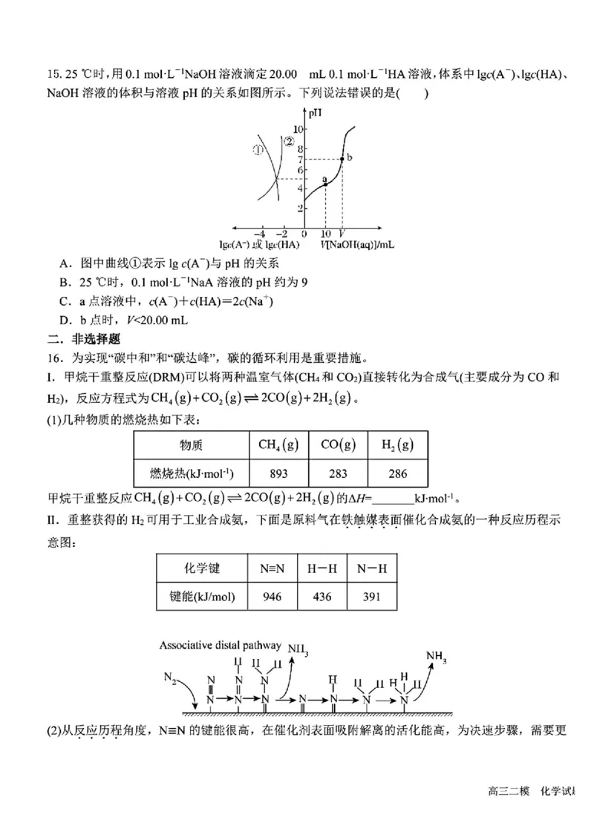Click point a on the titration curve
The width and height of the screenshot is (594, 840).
pyautogui.click(x=326, y=183)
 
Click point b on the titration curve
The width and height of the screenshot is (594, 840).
pyautogui.click(x=342, y=159)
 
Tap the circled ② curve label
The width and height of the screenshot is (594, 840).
pyautogui.click(x=290, y=140)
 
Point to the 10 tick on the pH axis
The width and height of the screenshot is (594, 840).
pyautogui.click(x=301, y=129)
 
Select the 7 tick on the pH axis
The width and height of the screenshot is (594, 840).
pyautogui.click(x=301, y=159)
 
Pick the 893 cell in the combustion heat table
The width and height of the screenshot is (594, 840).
pyautogui.click(x=278, y=473)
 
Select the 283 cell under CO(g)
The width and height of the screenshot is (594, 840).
pyautogui.click(x=338, y=473)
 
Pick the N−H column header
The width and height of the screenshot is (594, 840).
pyautogui.click(x=372, y=568)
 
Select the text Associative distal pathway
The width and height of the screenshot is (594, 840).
pyautogui.click(x=220, y=645)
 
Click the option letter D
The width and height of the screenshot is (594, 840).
pyautogui.click(x=63, y=320)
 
